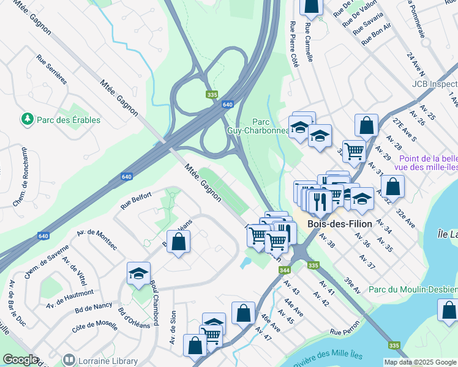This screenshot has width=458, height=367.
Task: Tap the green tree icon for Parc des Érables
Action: [26, 119]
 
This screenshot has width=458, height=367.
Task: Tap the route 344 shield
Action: [284, 270]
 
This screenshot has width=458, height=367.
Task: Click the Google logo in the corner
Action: [20, 360]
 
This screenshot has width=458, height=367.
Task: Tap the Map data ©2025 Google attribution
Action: [420, 362]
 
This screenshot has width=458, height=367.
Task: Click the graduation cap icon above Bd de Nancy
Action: [139, 273]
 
